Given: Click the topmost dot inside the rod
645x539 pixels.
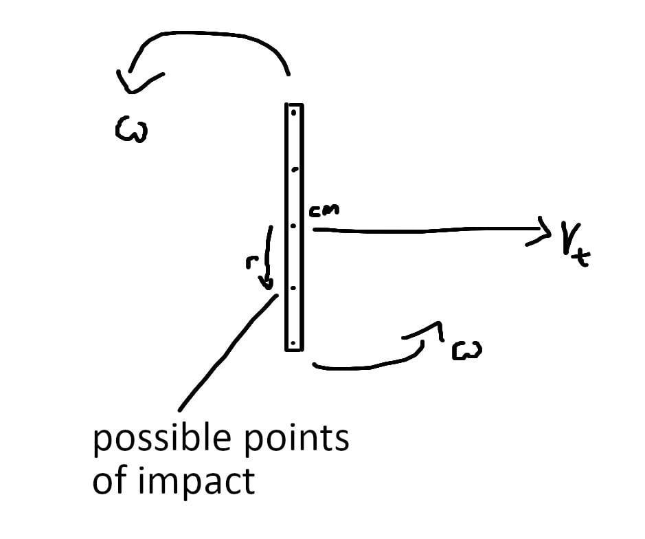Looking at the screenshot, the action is [x=294, y=113].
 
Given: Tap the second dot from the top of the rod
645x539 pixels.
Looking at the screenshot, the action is [x=294, y=169].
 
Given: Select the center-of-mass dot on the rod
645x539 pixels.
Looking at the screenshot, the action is [x=293, y=226].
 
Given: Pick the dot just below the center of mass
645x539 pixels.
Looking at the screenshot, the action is [x=293, y=288].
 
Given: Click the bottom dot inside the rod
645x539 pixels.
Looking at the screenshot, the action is [x=293, y=342].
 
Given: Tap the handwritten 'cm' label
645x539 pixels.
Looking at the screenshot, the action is [x=324, y=210].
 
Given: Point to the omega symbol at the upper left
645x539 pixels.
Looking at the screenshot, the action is [x=131, y=129].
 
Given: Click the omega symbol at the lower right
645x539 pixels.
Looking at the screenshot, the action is [x=467, y=351].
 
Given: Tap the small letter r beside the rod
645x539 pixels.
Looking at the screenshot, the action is [x=251, y=262].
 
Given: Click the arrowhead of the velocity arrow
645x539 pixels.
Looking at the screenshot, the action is [x=543, y=232].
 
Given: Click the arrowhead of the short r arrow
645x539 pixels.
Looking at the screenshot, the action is [x=267, y=283].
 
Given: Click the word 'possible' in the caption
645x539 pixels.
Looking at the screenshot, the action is [x=161, y=439].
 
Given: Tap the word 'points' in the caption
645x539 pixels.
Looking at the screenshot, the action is [x=297, y=438].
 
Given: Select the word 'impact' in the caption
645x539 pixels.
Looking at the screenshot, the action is [x=196, y=481].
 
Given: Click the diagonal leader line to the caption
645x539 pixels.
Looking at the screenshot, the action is [x=228, y=353].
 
